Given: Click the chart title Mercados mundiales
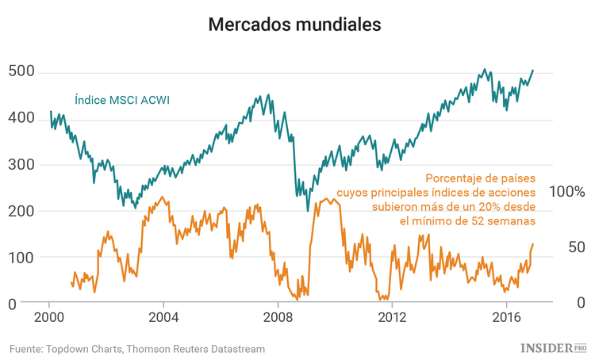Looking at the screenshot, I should pyautogui.click(x=294, y=25).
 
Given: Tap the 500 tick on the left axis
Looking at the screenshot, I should pyautogui.click(x=21, y=72).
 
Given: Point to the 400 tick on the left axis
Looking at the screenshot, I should pyautogui.click(x=21, y=118).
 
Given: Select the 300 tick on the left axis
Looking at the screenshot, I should pyautogui.click(x=21, y=165).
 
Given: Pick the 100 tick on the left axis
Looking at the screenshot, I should pyautogui.click(x=21, y=258).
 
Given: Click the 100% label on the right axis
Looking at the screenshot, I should pyautogui.click(x=566, y=193).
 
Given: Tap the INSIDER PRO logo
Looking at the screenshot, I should pyautogui.click(x=553, y=348).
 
